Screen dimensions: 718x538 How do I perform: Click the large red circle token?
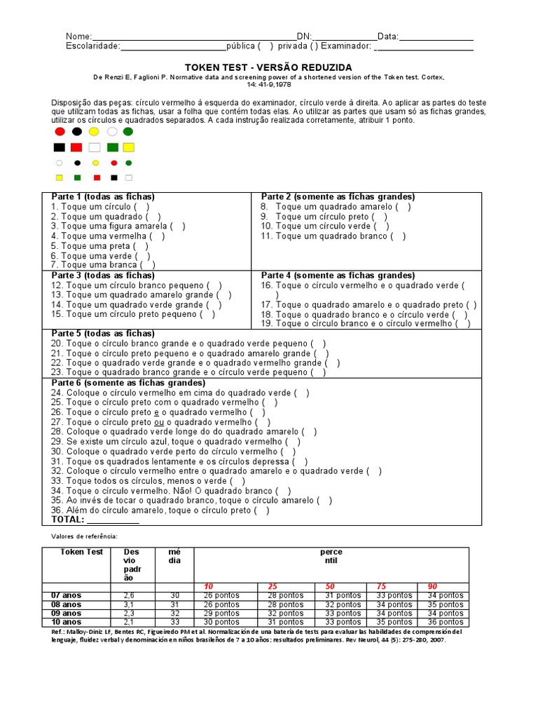[60, 131]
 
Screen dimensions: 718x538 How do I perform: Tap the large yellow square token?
[128, 147]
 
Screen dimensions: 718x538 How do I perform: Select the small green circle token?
[129, 163]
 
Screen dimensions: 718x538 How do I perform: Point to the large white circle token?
[112, 131]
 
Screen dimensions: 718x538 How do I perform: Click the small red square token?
[97, 178]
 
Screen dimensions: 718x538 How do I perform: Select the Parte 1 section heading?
[103, 197]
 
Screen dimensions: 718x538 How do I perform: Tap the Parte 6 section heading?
[128, 383]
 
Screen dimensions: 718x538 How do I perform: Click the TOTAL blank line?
[113, 520]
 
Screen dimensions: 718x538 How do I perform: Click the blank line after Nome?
[193, 36]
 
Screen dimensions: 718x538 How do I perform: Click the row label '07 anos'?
[66, 595]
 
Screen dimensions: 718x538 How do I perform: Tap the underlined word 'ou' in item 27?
[159, 422]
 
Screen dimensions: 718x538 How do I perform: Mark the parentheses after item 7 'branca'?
[147, 265]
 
